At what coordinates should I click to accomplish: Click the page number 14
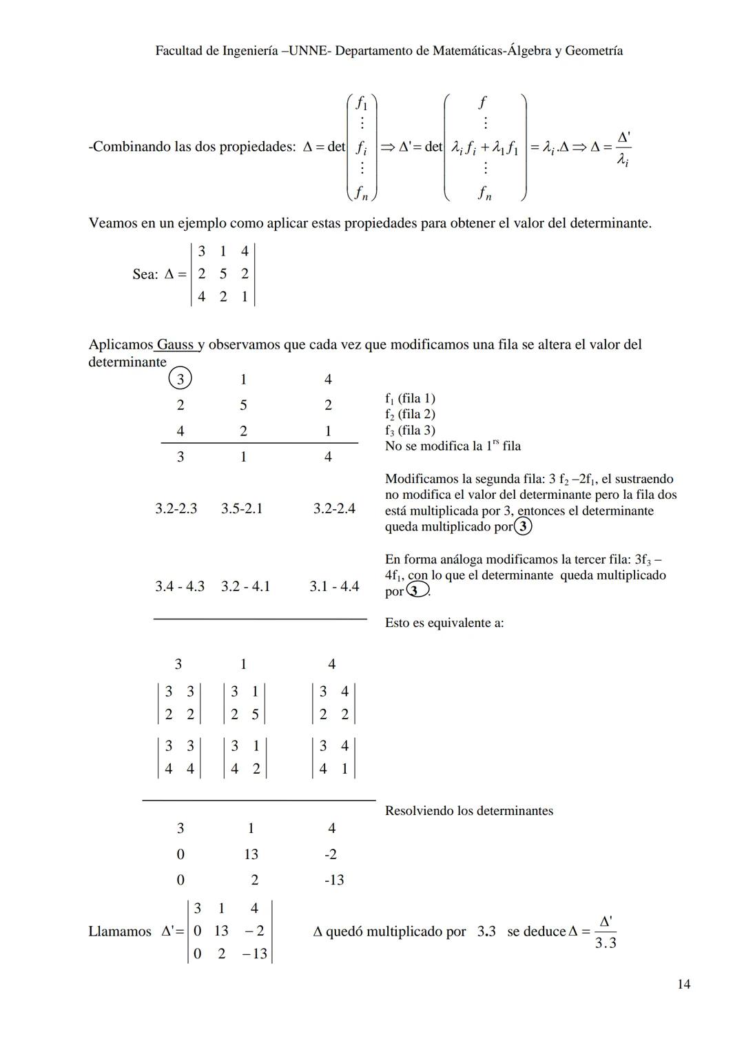click(x=683, y=984)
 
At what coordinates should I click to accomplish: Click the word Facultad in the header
click(x=178, y=51)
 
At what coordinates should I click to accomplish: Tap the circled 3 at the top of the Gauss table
click(x=180, y=379)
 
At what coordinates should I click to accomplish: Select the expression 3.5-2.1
click(x=242, y=508)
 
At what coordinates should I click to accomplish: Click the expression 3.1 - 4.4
click(x=334, y=586)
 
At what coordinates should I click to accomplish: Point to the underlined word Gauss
click(x=175, y=344)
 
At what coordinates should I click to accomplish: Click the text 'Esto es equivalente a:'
click(x=444, y=623)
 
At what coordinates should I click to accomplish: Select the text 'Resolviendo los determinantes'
click(x=469, y=811)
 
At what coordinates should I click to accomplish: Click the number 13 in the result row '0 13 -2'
click(x=251, y=854)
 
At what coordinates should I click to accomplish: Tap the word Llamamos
click(x=120, y=931)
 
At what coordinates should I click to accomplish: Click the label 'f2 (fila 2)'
click(x=410, y=414)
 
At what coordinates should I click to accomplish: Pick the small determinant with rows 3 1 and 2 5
click(x=245, y=703)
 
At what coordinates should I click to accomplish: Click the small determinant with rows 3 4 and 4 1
click(x=333, y=757)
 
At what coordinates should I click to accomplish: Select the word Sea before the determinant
click(x=144, y=274)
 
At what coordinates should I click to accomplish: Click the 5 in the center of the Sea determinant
click(x=223, y=274)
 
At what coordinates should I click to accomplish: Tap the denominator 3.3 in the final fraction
click(x=606, y=943)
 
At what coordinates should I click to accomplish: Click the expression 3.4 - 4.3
click(x=180, y=586)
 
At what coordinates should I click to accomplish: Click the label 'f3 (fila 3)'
click(x=410, y=430)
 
